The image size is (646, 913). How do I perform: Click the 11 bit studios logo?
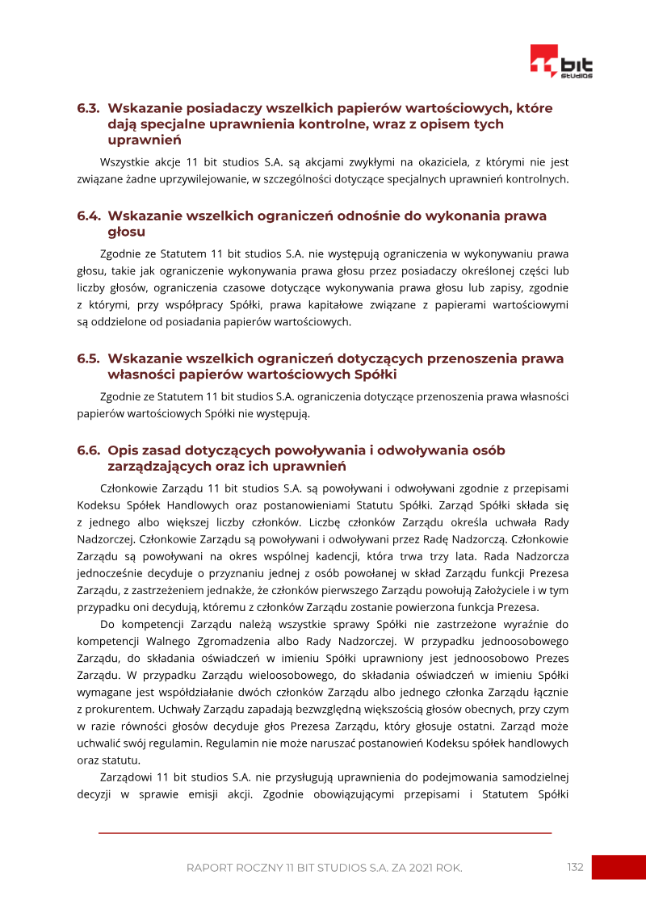coord(561,62)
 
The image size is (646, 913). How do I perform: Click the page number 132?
coord(575,867)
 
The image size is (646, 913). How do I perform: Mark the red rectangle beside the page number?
coord(619,867)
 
